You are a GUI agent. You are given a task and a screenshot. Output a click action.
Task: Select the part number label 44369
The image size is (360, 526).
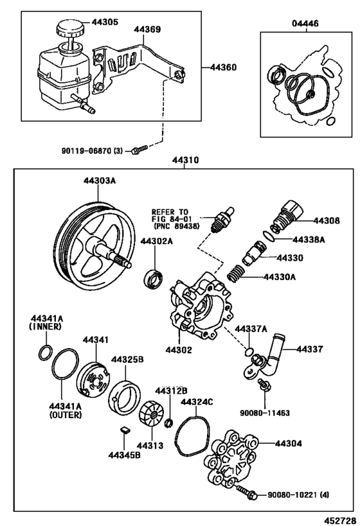click(147, 29)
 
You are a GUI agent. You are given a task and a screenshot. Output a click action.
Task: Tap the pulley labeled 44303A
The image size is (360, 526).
click(93, 247)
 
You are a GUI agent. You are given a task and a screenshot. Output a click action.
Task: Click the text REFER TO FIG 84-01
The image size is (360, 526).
click(170, 218)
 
